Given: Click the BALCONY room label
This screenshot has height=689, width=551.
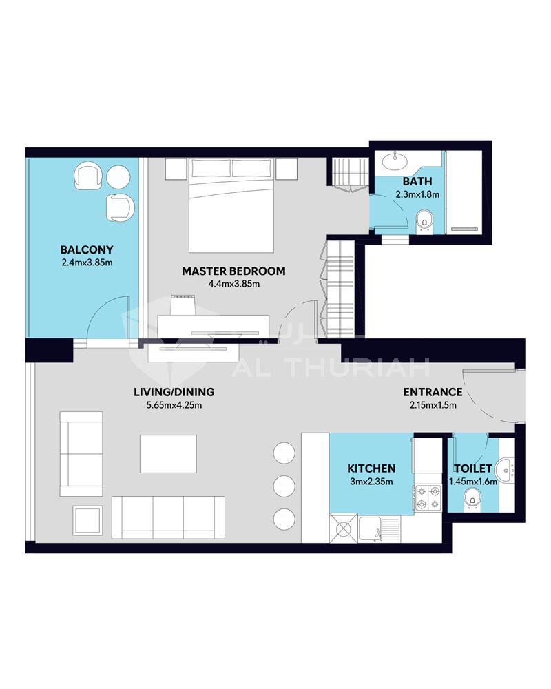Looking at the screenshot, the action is point(87,249).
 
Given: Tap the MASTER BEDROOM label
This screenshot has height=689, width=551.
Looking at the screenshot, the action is point(233,271).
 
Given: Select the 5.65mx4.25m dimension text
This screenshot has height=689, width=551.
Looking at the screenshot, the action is point(174,405).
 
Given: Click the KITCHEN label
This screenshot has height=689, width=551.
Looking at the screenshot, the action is point(371,469).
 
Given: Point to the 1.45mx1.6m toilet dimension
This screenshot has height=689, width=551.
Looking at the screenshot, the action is point(472,482).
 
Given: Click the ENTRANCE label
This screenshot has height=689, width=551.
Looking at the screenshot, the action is point(433,392).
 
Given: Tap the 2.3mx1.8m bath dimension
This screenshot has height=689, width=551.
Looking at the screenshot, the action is point(417,194).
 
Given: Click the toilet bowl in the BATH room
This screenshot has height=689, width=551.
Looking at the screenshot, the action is point(424,220).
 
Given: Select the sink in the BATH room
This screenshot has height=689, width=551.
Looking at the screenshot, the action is point(395,161).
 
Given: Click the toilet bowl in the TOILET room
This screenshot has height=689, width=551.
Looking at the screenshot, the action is point(472,498).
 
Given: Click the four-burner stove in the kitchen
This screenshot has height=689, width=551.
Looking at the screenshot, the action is point(428,497).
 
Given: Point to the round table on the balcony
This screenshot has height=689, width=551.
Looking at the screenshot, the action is point(118,176).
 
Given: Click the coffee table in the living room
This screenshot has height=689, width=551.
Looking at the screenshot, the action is point(168,454).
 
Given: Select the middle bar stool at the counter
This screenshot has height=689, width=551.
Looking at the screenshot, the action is point(284,486).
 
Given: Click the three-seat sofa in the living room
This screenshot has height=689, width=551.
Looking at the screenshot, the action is point(168,517).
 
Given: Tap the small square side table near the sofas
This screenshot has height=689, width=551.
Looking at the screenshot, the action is point(88,520).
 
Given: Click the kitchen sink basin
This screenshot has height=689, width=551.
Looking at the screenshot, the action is point(370,529).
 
